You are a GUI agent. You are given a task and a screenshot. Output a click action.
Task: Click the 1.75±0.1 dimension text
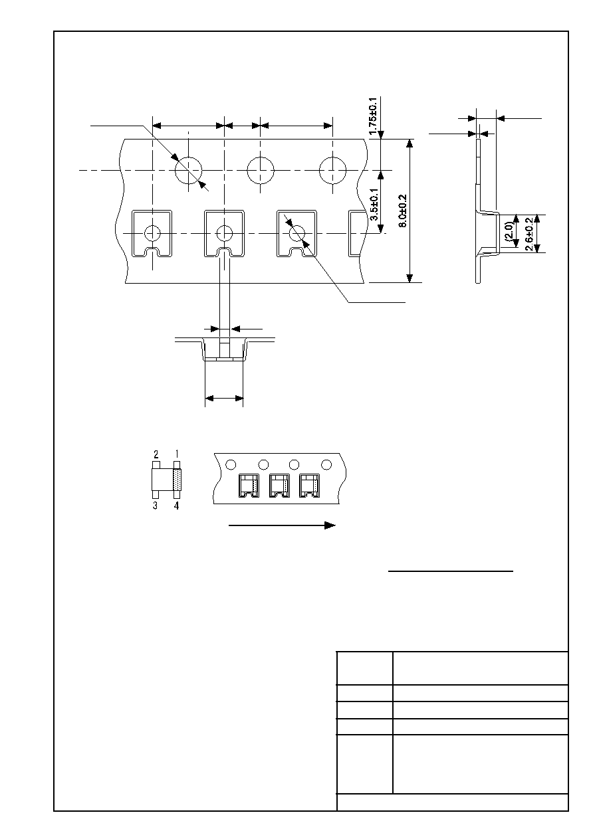374,116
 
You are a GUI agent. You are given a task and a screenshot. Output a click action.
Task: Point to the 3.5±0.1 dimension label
374,204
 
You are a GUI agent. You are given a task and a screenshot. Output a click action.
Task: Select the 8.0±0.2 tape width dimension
403,211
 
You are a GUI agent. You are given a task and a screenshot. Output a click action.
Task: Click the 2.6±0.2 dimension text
529,234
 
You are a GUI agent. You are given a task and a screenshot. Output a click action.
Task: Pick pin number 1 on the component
177,454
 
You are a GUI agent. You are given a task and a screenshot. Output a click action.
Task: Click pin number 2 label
156,454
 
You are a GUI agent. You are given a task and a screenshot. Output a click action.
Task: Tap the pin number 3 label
155,506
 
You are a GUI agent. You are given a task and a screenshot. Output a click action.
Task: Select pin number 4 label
177,506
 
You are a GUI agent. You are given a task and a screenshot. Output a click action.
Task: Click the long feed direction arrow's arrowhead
330,525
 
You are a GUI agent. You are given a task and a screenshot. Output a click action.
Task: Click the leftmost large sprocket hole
188,171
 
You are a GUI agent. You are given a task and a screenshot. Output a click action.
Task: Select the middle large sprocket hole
261,171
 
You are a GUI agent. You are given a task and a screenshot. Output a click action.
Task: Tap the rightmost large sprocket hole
332,171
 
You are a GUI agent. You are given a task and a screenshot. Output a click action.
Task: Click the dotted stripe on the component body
177,480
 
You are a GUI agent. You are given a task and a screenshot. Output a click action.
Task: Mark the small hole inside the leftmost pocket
152,233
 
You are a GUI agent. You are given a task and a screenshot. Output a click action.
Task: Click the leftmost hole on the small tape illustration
231,465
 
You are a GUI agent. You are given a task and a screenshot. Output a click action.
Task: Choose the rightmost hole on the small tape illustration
327,465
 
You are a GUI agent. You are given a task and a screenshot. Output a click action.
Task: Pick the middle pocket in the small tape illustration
279,486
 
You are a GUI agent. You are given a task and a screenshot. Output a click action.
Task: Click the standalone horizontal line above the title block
451,571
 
